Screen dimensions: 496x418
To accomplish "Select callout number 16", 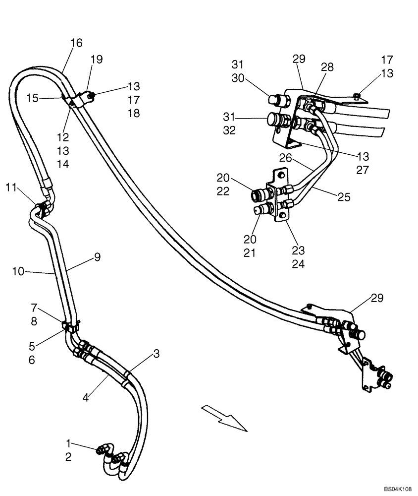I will click(76, 43).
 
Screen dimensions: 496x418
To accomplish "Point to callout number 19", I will click(97, 60).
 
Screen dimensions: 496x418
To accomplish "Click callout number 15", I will click(32, 99).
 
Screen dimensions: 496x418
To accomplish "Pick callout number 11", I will click(11, 187).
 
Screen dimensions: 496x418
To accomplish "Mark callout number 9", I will click(98, 257).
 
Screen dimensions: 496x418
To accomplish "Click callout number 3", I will click(156, 353).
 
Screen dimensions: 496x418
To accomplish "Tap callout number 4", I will click(86, 397).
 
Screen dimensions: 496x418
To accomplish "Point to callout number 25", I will click(344, 197).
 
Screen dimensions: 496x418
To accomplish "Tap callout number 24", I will click(298, 264).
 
